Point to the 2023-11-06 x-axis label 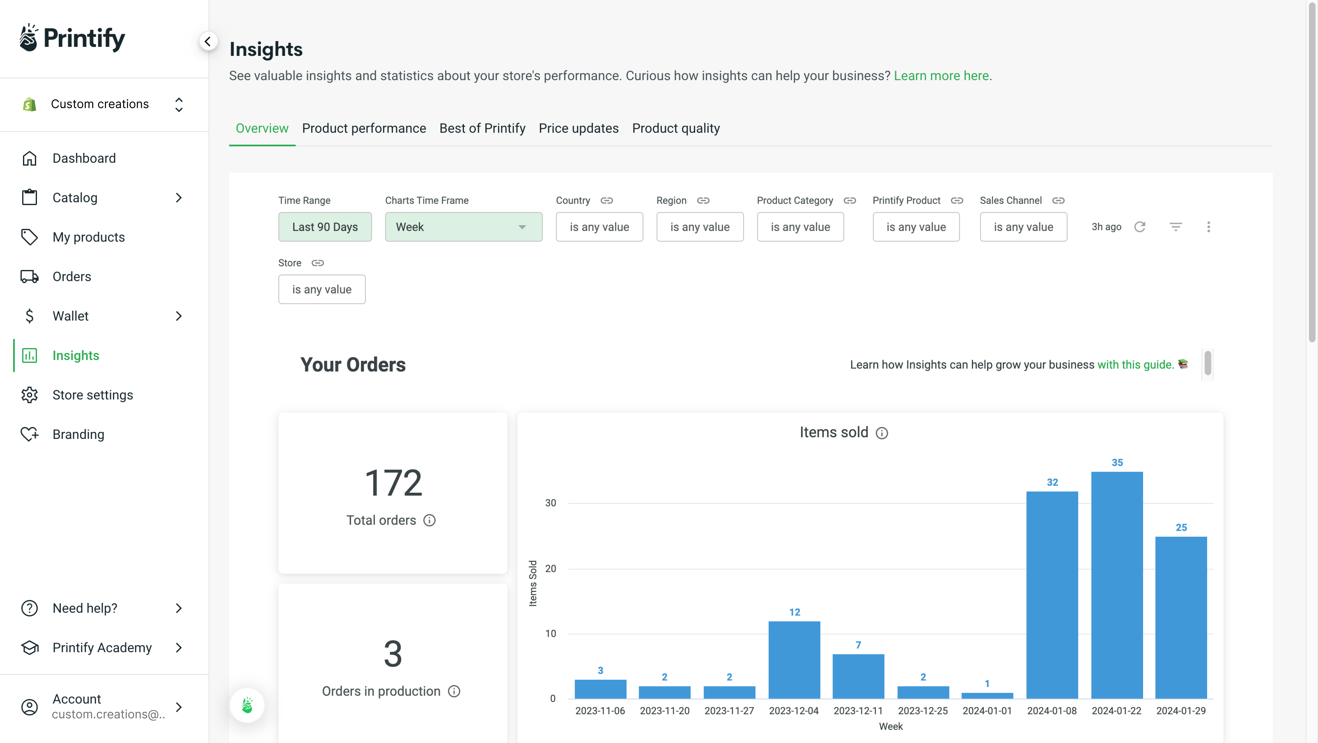(600, 711)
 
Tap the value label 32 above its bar (1052, 482)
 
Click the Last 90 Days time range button (325, 227)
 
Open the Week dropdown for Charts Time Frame (463, 227)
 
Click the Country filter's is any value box (599, 227)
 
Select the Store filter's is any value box (321, 289)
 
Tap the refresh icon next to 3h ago (1139, 227)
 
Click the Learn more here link (941, 76)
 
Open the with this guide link (1135, 365)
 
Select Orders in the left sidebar (72, 277)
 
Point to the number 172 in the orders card (393, 483)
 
